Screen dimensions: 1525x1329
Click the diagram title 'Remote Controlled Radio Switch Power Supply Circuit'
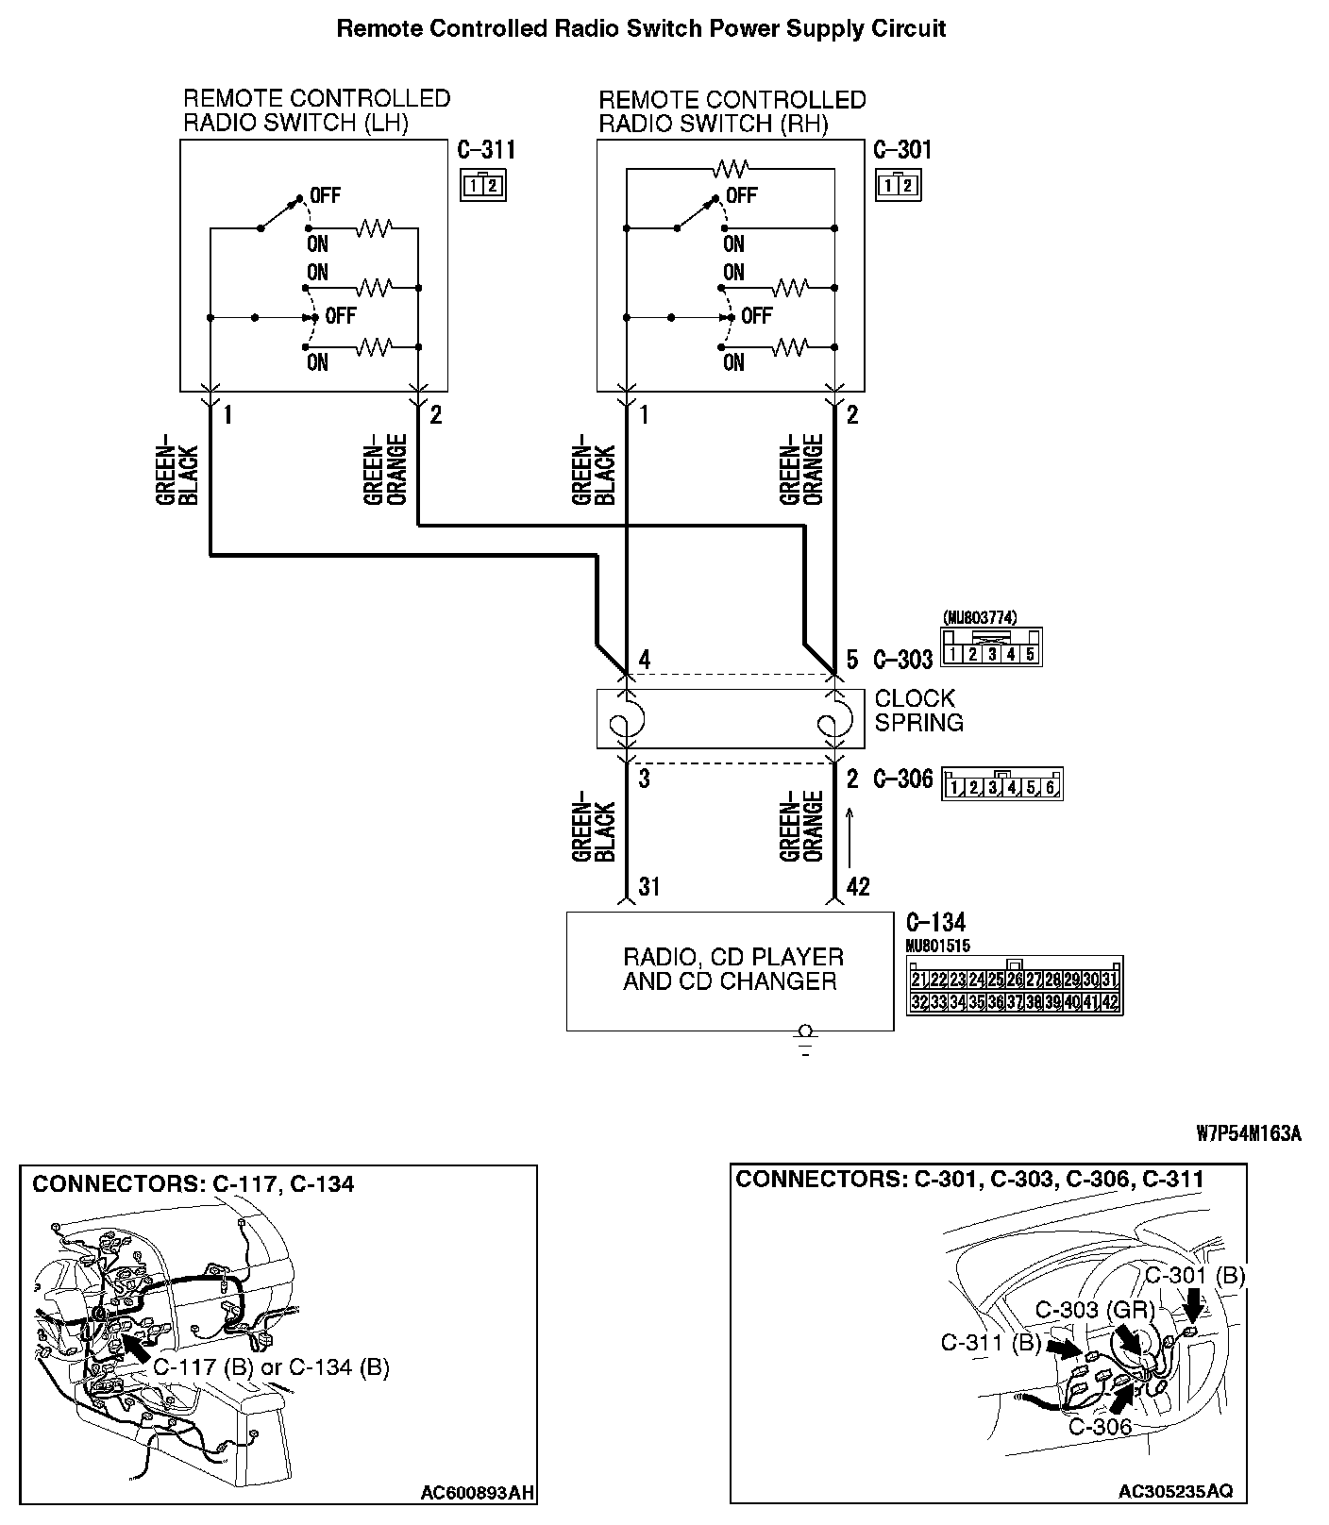[641, 29]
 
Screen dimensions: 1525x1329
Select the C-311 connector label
[486, 150]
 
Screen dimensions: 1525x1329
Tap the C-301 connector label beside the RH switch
[902, 150]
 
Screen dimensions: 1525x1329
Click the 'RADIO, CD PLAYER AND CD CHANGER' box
[730, 970]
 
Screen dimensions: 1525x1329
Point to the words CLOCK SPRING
[918, 711]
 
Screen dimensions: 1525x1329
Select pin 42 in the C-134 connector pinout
[1111, 1002]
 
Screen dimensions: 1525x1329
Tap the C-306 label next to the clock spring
[903, 779]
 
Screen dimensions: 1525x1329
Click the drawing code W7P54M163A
[1248, 1134]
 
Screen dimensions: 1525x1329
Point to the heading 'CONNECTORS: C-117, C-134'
[193, 1183]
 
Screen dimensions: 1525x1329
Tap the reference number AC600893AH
[477, 1492]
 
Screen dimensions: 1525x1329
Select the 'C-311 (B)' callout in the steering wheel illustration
[990, 1343]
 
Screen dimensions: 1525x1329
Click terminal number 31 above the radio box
[648, 886]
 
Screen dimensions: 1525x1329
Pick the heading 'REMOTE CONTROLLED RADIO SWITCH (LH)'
[316, 110]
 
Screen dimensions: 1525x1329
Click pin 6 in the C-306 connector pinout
[1051, 787]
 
